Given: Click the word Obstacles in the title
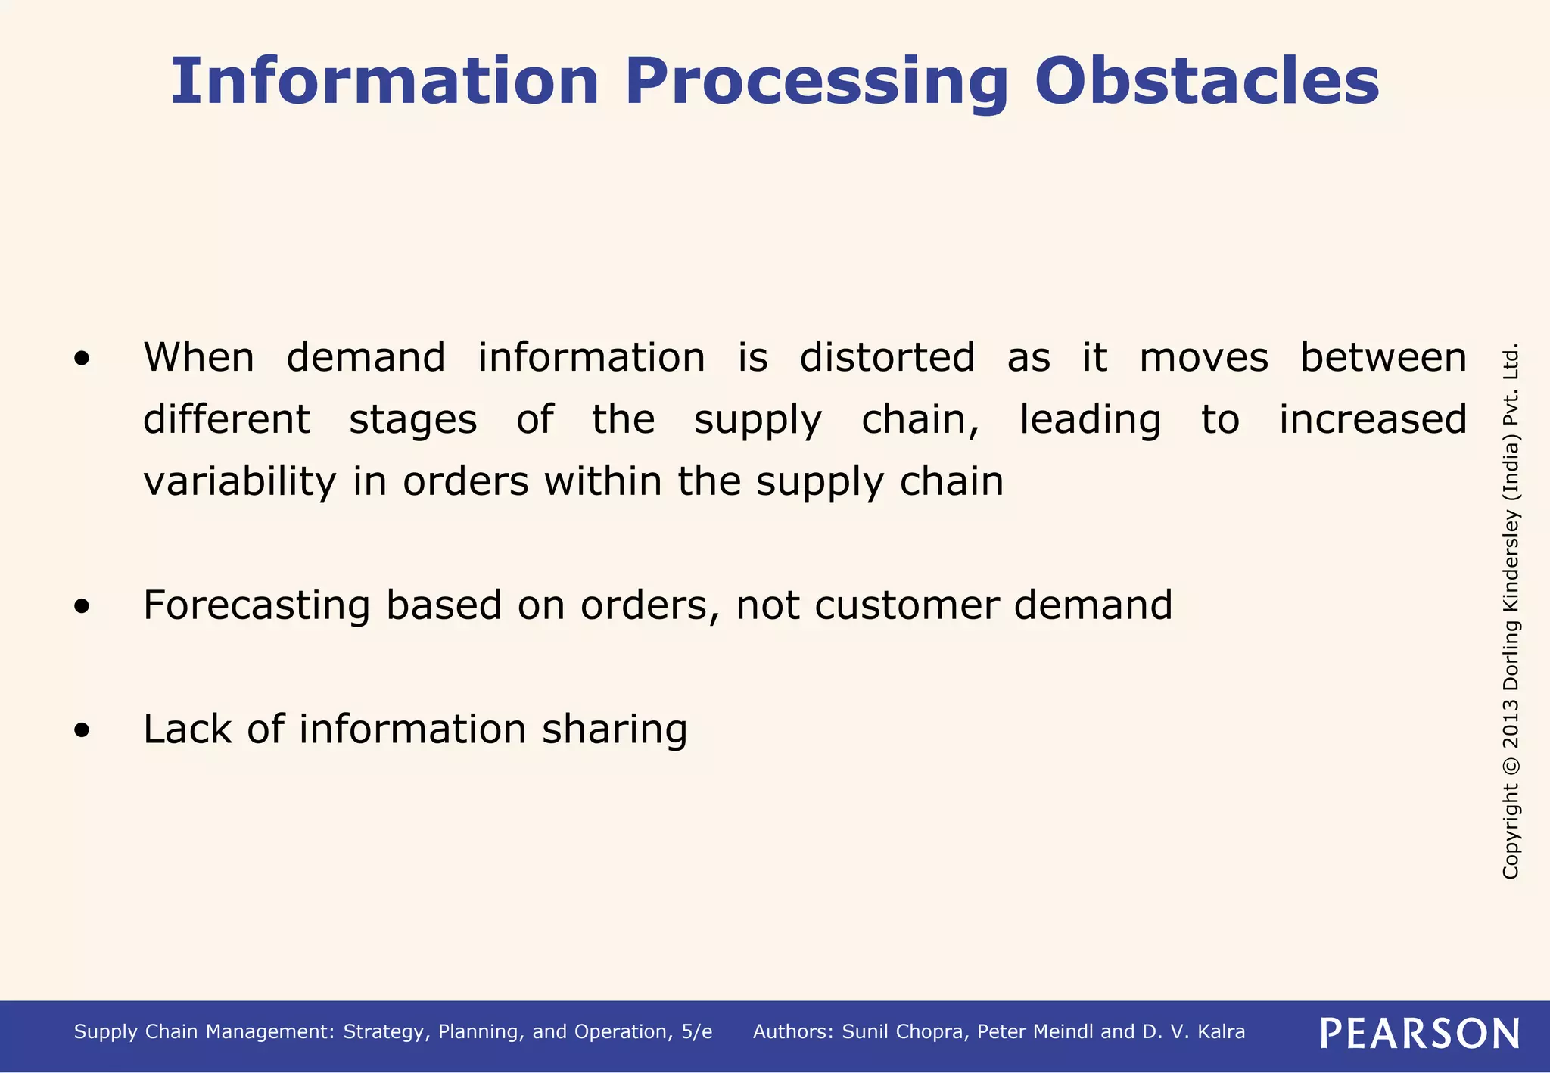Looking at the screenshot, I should click(x=1206, y=82).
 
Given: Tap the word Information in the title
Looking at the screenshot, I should click(x=384, y=82).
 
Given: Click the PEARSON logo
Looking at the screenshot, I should click(x=1419, y=1033).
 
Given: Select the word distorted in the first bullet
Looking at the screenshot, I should click(x=887, y=357).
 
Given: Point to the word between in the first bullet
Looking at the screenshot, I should click(x=1383, y=357).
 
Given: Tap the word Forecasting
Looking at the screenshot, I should click(x=257, y=605).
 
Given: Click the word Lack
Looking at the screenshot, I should click(x=187, y=729).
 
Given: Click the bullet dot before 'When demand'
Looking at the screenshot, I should click(x=82, y=360).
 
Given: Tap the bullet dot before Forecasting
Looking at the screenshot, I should click(x=82, y=607).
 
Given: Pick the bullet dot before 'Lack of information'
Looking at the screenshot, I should click(x=82, y=731).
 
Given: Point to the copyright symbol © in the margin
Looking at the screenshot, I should click(x=1511, y=765).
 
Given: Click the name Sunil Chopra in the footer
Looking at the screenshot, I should click(x=904, y=1032).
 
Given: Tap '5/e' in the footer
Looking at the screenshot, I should click(x=696, y=1032).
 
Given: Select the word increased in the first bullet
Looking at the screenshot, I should click(x=1372, y=419).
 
